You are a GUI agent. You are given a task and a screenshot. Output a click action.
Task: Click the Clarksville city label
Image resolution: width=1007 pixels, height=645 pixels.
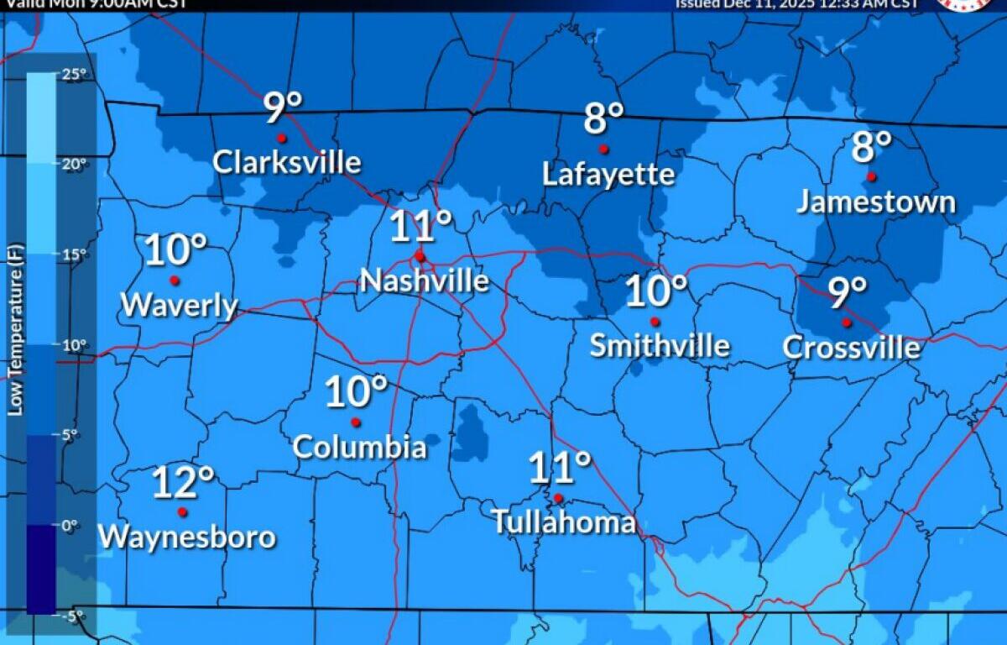pos(286,162)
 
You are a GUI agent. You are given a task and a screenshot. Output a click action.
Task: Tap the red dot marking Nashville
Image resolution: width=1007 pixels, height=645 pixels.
pos(420,257)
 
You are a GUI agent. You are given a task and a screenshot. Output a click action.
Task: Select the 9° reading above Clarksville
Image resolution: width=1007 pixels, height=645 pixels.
pos(283,107)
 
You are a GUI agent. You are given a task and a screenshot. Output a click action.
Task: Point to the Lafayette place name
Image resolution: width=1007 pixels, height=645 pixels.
pos(608,175)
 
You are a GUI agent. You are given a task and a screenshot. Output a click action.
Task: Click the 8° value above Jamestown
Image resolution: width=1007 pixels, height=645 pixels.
pos(872,147)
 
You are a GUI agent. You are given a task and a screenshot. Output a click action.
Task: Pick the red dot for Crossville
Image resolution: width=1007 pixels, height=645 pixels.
pos(847,322)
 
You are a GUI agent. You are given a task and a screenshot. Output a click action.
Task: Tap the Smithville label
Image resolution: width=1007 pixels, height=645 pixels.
pos(660,345)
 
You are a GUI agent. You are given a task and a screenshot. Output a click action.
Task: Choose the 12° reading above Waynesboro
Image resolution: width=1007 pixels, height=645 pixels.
pos(183,482)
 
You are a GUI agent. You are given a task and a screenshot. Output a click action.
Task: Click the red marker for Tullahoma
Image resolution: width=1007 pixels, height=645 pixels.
pos(558,498)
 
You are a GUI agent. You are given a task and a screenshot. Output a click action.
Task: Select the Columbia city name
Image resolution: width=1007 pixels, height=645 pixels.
pos(359,447)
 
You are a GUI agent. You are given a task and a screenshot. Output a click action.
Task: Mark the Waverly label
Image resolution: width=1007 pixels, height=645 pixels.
pos(180,306)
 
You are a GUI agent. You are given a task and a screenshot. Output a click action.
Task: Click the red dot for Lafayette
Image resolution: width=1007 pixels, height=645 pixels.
pos(603,149)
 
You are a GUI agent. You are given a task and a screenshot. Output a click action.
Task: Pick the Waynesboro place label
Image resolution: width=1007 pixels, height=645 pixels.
pos(187,537)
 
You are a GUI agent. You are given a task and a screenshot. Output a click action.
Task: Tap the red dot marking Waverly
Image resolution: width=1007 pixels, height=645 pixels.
pos(175,281)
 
